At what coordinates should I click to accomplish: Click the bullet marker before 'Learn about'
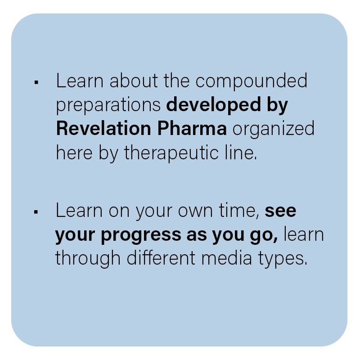coord(36,82)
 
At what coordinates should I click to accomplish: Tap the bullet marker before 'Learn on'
coord(36,211)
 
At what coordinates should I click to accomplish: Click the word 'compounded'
coord(252,81)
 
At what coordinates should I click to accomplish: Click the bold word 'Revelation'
coord(103,128)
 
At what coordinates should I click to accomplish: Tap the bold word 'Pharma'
coord(192,128)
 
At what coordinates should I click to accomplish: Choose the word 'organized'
coord(274,130)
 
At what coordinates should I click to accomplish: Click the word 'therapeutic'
coord(171,153)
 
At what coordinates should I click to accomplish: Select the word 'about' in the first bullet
coord(134,81)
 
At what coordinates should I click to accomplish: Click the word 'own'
coord(195,211)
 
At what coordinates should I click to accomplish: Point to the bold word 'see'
coord(280,211)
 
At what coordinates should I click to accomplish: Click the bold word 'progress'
coord(141,236)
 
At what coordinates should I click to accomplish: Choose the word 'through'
coord(88,258)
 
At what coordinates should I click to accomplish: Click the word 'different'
coord(161,257)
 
